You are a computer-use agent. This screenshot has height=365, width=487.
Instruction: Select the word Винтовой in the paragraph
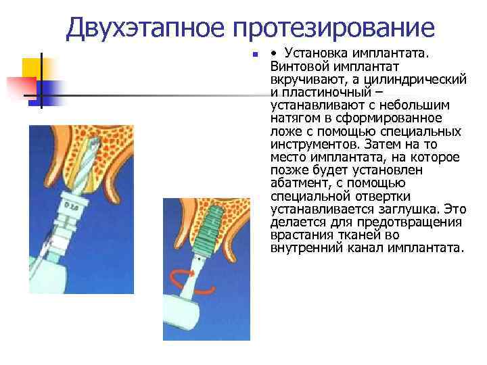point(297,66)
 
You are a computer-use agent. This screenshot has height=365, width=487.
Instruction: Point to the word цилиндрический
point(424,80)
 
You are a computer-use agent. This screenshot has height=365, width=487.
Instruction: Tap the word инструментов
point(312,144)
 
